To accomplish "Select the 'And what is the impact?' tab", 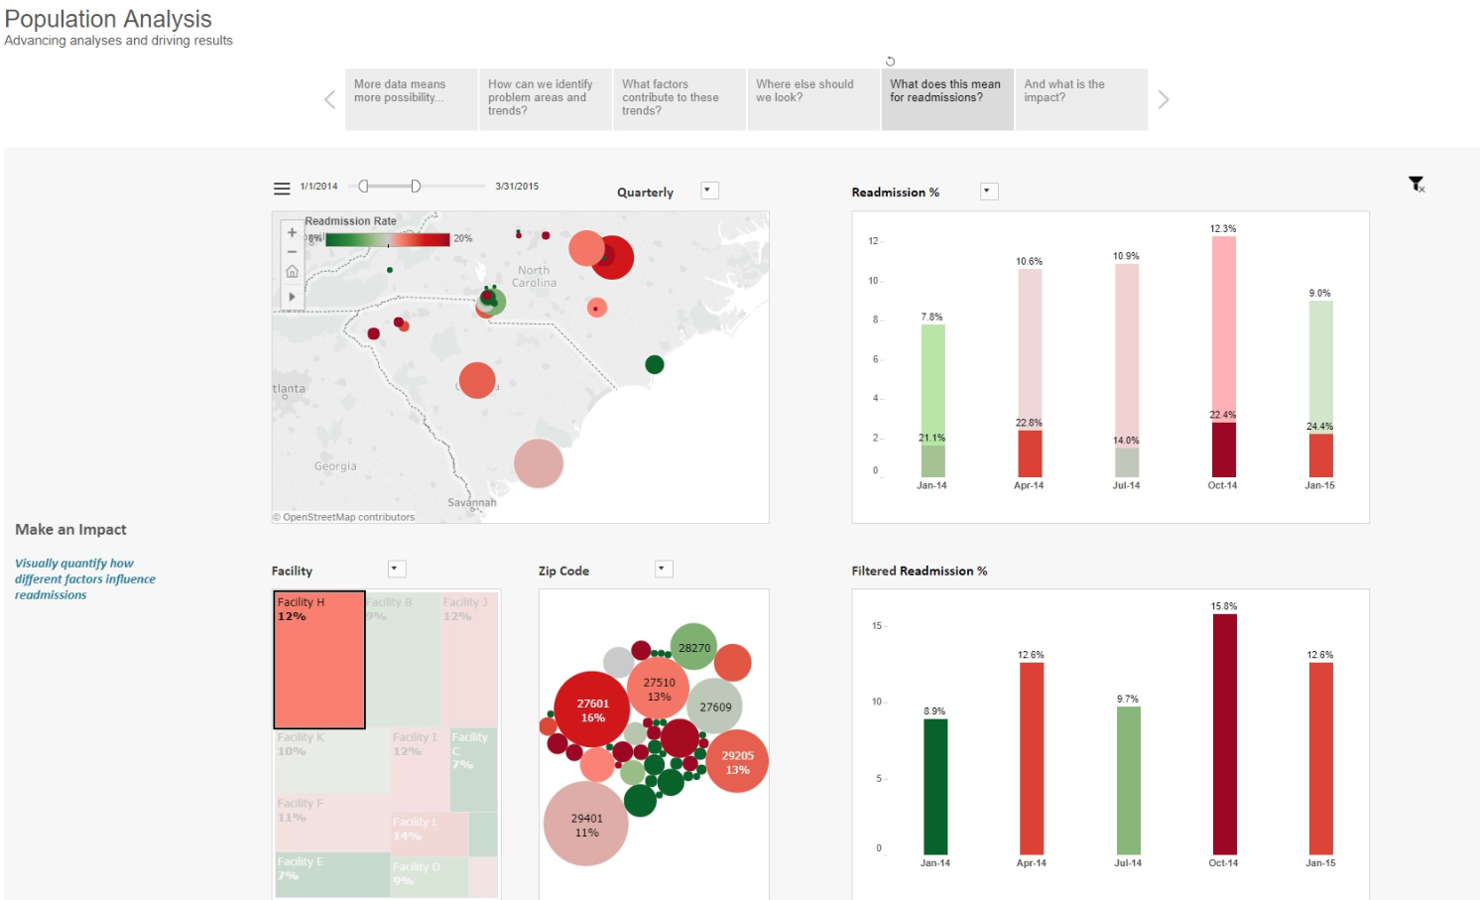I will [x=1080, y=98].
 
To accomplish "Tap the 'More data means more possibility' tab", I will [x=411, y=98].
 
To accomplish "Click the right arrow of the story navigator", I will [x=1164, y=99].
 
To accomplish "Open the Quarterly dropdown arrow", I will [x=709, y=191].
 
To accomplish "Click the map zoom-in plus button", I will [x=292, y=232].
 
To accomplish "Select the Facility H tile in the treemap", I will [x=319, y=660].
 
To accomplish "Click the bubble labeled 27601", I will [x=593, y=710].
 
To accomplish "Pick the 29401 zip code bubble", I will [x=586, y=825].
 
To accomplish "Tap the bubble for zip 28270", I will [x=694, y=647].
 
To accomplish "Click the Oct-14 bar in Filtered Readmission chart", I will [x=1224, y=734].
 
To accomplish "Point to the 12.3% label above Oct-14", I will [x=1223, y=229].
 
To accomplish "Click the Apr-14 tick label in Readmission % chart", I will [x=1029, y=485].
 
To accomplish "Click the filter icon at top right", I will [x=1417, y=184].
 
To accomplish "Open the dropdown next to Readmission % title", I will [x=988, y=191].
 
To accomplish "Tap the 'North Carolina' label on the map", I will [x=534, y=277].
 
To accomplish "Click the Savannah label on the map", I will [x=472, y=503].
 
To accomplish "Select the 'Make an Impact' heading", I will [x=70, y=530].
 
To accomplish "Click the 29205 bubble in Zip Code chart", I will [x=737, y=762].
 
